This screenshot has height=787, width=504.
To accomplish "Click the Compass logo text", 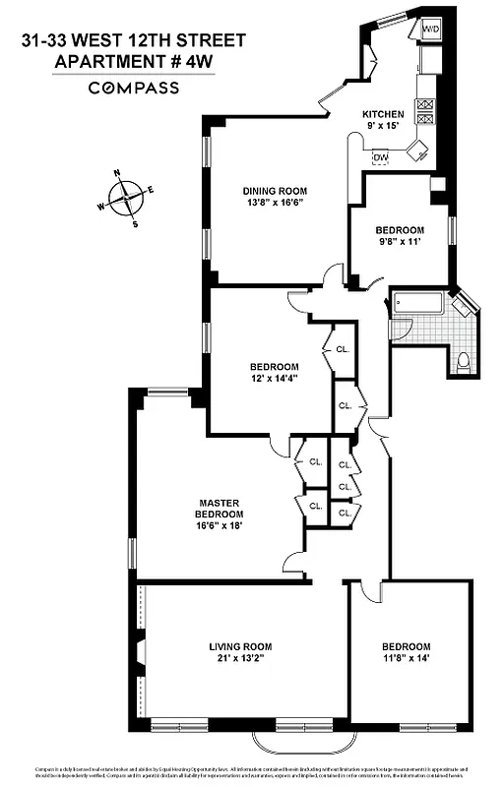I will tap(134, 88).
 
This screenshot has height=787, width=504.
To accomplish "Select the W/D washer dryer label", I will tap(431, 30).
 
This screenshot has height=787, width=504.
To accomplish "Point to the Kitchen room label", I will tap(383, 113).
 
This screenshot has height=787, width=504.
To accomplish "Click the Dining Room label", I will tap(276, 191).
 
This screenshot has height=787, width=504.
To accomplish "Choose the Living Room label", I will tap(237, 646).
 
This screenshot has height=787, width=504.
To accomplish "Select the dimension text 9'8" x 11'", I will tap(399, 242).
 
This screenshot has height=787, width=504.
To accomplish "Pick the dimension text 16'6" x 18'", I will tap(219, 526).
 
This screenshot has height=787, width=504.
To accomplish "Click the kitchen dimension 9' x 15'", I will tap(383, 125).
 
